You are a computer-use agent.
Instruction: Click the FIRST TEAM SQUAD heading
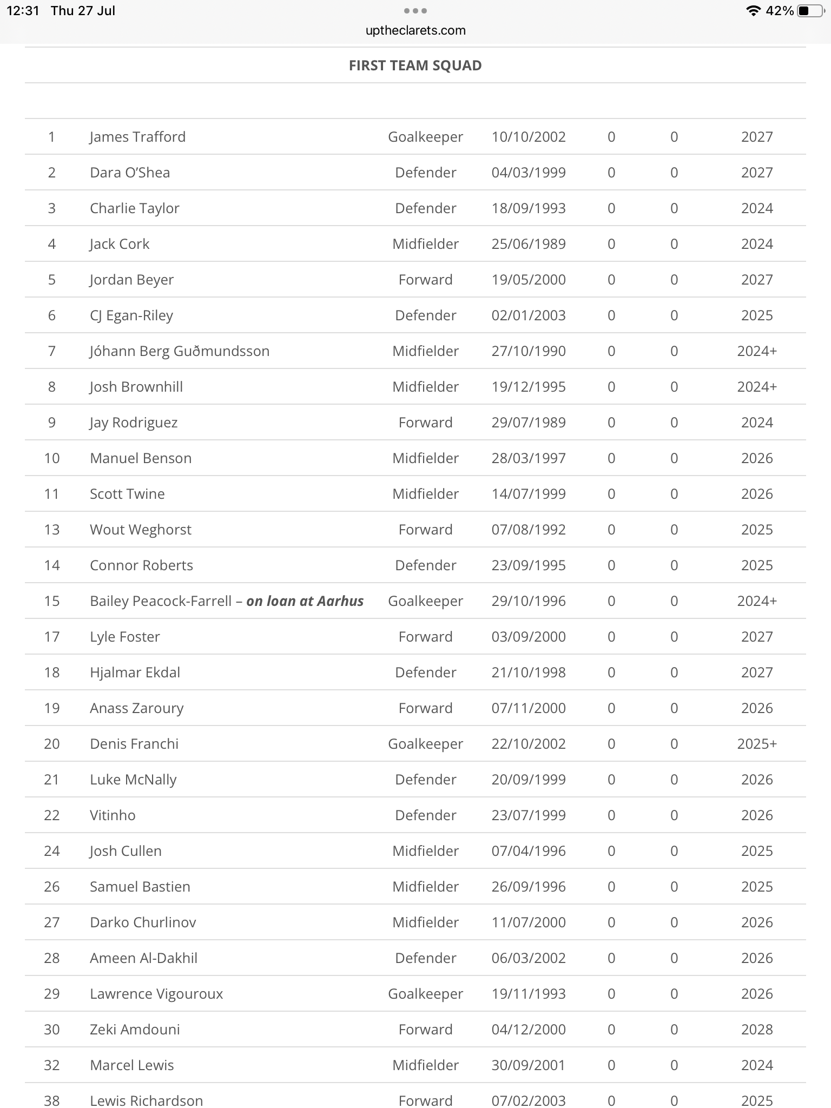pyautogui.click(x=415, y=65)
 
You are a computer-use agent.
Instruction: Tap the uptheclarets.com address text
pyautogui.click(x=415, y=30)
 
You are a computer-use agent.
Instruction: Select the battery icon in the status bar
pyautogui.click(x=810, y=11)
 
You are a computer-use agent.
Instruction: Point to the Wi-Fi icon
pyautogui.click(x=752, y=11)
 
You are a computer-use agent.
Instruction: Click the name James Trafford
pyautogui.click(x=137, y=137)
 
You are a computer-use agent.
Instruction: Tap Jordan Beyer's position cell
pyautogui.click(x=425, y=280)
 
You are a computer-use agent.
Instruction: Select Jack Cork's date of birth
pyautogui.click(x=528, y=244)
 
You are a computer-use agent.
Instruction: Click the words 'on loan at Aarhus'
pyautogui.click(x=305, y=601)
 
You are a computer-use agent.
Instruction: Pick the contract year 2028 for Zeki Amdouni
pyautogui.click(x=756, y=1030)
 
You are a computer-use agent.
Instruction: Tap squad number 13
pyautogui.click(x=52, y=530)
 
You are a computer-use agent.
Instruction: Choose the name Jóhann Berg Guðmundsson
pyautogui.click(x=180, y=351)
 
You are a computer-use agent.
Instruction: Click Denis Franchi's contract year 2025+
pyautogui.click(x=756, y=744)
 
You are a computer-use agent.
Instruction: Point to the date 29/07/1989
pyautogui.click(x=528, y=423)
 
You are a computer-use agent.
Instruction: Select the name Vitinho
pyautogui.click(x=113, y=815)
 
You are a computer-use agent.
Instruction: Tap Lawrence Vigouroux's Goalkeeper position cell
pyautogui.click(x=425, y=994)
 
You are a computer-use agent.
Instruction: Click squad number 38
pyautogui.click(x=52, y=1100)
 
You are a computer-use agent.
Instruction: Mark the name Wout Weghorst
pyautogui.click(x=141, y=530)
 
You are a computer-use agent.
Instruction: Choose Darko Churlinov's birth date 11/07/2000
pyautogui.click(x=528, y=922)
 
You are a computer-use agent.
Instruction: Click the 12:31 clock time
pyautogui.click(x=23, y=11)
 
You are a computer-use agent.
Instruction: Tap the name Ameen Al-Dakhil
pyautogui.click(x=143, y=958)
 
